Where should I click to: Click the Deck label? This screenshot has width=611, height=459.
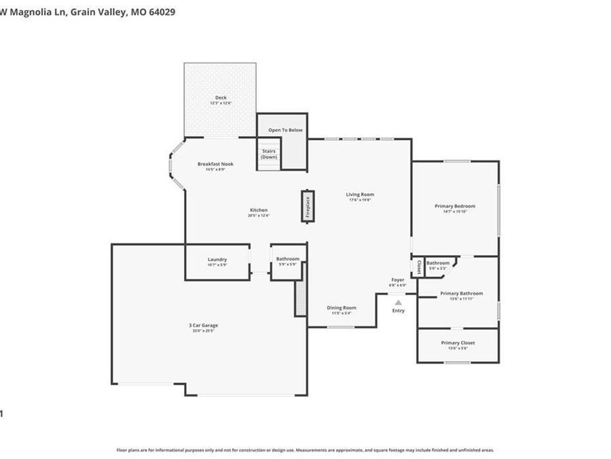(221, 98)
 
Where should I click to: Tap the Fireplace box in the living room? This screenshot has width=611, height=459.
(307, 205)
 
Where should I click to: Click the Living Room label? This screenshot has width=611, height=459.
(360, 194)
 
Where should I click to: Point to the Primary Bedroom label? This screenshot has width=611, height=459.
(455, 206)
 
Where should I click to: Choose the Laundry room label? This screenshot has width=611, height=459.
(217, 259)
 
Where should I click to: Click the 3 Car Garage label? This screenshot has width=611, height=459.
(203, 325)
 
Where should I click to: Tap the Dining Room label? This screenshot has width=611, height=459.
(341, 307)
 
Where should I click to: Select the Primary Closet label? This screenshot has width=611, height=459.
(458, 343)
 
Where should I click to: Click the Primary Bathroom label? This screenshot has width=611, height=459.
(461, 293)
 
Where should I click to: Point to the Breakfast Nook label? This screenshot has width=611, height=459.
(215, 164)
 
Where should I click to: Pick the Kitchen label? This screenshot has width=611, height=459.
(259, 210)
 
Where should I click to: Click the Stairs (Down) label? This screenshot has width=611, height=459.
(269, 154)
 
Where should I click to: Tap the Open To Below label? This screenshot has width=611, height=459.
(285, 130)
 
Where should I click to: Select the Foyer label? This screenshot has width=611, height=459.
(397, 279)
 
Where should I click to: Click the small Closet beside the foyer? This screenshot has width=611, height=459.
(418, 267)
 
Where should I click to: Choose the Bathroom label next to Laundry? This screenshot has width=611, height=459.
(287, 258)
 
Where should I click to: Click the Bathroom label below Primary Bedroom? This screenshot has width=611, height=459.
(438, 262)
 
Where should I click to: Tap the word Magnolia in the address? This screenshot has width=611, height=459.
(35, 12)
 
